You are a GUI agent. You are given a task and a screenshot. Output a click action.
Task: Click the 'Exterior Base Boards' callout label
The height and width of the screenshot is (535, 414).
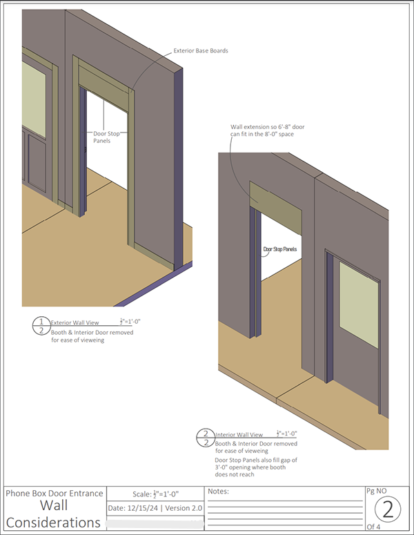pos(199,50)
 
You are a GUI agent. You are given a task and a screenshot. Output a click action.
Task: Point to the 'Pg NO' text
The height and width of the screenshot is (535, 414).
pos(379,491)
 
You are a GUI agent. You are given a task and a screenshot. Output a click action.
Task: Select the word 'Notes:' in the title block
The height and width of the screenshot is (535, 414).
pos(219,492)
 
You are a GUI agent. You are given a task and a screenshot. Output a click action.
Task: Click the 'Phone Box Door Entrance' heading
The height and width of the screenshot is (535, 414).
pos(55,493)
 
